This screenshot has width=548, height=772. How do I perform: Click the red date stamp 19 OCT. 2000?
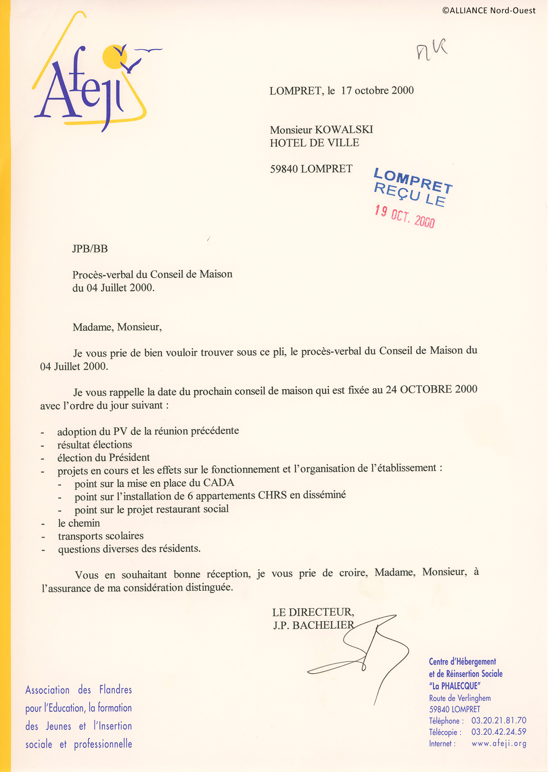point(405,216)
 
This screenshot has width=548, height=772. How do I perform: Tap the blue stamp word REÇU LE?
point(410,194)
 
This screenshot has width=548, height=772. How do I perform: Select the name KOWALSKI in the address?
point(344,129)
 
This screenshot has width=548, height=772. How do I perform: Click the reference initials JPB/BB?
point(90,248)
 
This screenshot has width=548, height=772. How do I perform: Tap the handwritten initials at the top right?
point(431,50)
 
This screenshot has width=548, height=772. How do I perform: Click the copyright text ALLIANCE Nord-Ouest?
point(489,11)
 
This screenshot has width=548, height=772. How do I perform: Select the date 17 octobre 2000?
point(377,90)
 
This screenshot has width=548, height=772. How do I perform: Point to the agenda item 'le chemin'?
point(79,523)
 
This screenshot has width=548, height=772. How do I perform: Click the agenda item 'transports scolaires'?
point(100,536)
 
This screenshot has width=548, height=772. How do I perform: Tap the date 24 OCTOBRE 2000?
point(431,389)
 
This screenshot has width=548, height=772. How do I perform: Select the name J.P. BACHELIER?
point(313,625)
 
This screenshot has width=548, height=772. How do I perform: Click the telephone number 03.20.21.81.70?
point(499,720)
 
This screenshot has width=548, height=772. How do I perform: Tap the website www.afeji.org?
point(499,743)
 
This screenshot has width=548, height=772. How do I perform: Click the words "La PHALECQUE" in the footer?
point(454,686)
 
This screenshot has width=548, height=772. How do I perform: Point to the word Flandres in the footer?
point(116,690)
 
